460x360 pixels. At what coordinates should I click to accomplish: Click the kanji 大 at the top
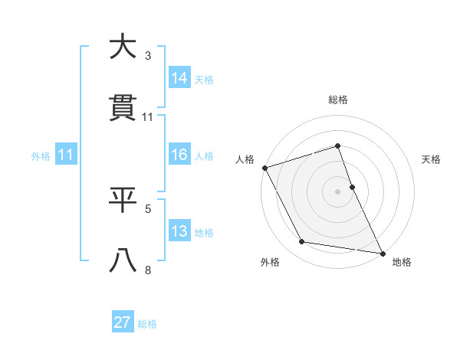tap(123, 47)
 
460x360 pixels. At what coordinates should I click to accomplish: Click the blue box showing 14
tap(179, 77)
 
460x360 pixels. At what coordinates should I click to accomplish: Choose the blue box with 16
tap(179, 155)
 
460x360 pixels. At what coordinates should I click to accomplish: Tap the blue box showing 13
tap(179, 231)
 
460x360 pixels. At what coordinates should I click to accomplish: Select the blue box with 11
tap(66, 155)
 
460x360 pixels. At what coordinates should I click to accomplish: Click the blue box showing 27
tap(123, 322)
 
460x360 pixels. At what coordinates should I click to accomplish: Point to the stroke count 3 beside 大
tap(148, 55)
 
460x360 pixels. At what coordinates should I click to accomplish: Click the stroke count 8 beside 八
tap(148, 270)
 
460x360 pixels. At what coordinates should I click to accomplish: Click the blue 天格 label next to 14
tap(204, 79)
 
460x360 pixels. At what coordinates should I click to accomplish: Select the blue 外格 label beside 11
tap(41, 156)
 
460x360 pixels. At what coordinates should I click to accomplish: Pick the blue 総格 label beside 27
tap(147, 324)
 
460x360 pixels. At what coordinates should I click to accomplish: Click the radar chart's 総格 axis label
tap(338, 100)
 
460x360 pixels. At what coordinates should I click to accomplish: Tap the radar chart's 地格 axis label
tap(402, 262)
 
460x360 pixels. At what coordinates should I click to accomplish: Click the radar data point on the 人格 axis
tap(265, 168)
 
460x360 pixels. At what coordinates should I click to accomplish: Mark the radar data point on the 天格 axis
tap(352, 187)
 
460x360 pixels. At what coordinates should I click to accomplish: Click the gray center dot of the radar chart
tap(338, 191)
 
